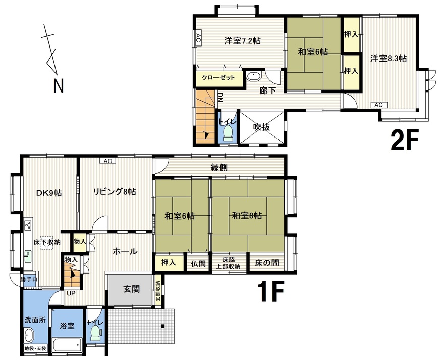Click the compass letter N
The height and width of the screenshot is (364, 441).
[59, 86]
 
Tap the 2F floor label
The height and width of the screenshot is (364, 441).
[405, 140]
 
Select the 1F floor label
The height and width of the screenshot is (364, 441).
[270, 291]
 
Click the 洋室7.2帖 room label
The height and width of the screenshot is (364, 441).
[242, 41]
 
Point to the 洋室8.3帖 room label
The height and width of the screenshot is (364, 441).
[389, 58]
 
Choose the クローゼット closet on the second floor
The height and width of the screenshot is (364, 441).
[218, 77]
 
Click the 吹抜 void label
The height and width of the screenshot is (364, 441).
[261, 127]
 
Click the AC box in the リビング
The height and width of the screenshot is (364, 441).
[108, 161]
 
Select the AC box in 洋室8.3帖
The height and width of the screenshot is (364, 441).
[378, 105]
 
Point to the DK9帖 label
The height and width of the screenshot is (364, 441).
[49, 193]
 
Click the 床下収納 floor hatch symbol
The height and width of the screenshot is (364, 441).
[46, 243]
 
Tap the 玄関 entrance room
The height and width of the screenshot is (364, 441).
[131, 289]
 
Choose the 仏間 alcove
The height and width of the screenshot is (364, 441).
[198, 264]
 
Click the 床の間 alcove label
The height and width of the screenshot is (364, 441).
[267, 263]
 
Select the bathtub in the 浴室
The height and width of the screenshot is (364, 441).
[68, 344]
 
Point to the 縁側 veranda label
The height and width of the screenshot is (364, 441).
[219, 168]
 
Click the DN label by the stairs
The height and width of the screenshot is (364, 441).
[220, 97]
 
